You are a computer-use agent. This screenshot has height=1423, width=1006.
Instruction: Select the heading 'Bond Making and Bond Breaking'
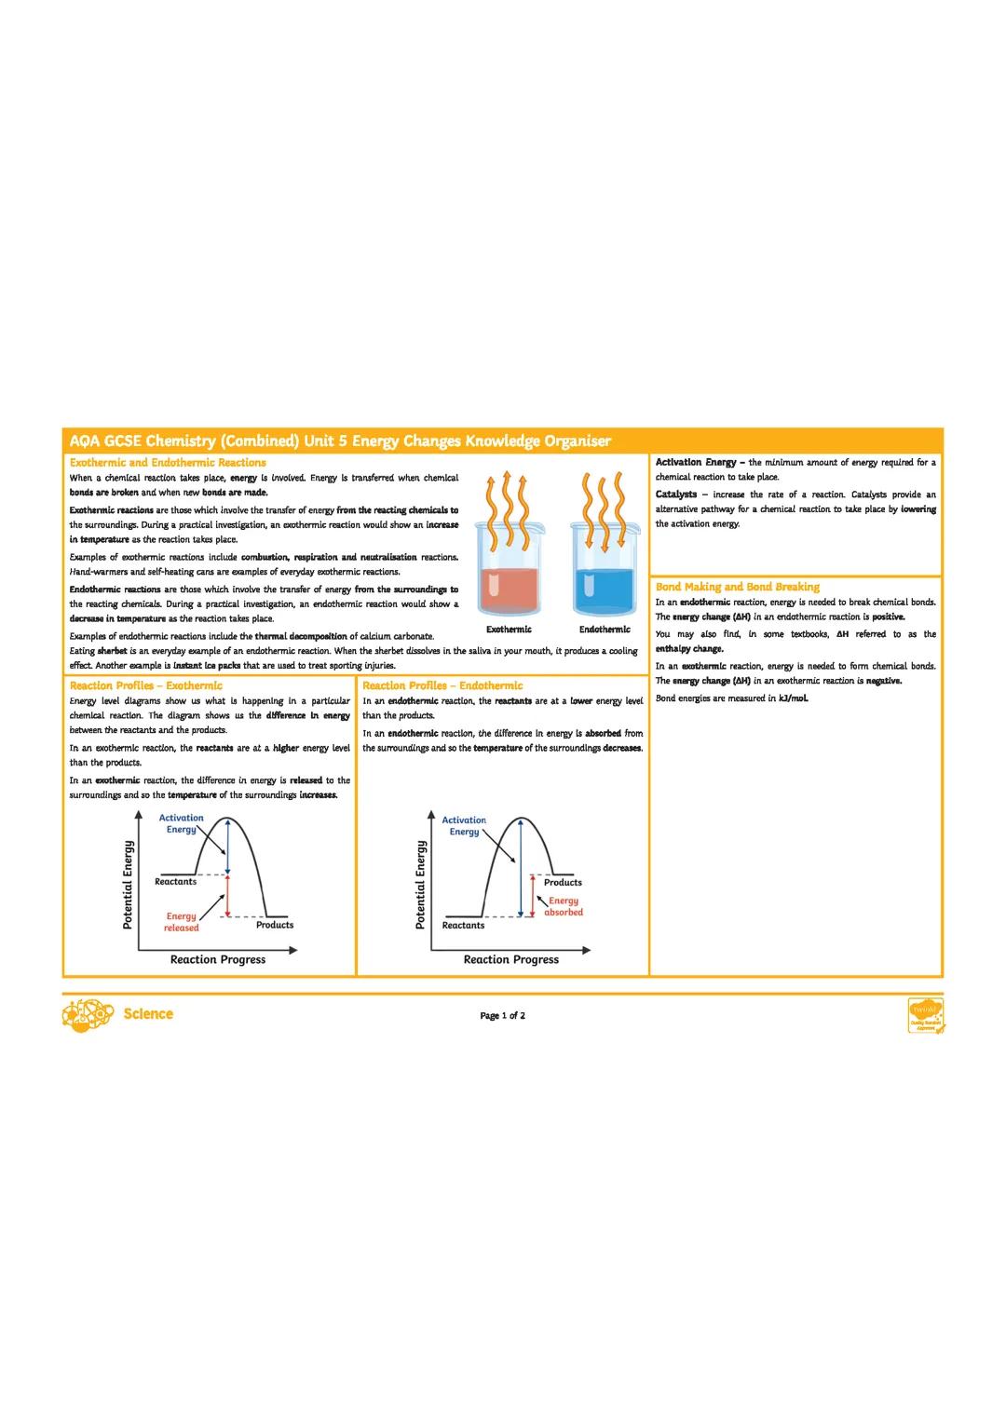737,587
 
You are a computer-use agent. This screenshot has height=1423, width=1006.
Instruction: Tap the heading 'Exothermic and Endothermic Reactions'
168,462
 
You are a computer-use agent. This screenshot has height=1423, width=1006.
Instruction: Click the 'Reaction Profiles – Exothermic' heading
146,685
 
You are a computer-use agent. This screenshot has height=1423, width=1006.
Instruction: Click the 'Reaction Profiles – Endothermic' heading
442,685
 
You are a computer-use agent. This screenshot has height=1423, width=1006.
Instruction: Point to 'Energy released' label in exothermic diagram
182,922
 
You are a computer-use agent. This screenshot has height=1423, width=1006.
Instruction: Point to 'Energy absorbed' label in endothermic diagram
563,906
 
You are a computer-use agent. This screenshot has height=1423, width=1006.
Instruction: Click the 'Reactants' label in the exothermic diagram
175,881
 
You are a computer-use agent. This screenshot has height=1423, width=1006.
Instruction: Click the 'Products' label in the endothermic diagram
563,882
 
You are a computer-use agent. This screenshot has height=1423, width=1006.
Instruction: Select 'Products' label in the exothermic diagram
275,925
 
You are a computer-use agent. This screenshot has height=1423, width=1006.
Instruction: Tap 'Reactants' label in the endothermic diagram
463,926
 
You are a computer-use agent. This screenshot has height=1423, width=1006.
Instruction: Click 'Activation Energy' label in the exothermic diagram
181,823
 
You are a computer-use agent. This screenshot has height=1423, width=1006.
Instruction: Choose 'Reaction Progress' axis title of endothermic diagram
511,959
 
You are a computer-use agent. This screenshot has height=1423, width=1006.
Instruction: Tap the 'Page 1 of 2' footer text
502,1015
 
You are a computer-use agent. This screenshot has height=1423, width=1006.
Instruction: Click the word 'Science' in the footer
147,1013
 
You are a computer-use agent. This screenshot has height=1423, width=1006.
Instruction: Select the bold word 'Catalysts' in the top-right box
676,495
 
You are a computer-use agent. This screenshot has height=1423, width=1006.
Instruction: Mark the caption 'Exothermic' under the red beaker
509,630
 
